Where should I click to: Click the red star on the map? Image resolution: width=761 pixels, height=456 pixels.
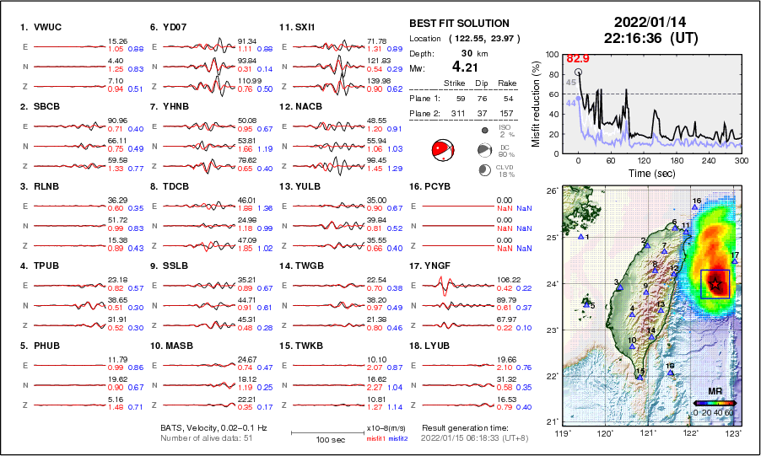tap(715, 283)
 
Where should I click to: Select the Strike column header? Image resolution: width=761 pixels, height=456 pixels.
tap(453, 83)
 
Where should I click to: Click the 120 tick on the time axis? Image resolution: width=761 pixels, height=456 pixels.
tap(645, 160)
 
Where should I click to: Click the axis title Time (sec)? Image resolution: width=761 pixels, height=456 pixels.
tap(651, 173)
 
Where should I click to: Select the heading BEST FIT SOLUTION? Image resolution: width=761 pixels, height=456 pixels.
tap(459, 23)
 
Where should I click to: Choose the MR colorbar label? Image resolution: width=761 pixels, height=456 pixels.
tap(714, 391)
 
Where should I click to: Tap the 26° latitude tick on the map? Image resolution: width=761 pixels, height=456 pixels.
tap(551, 191)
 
